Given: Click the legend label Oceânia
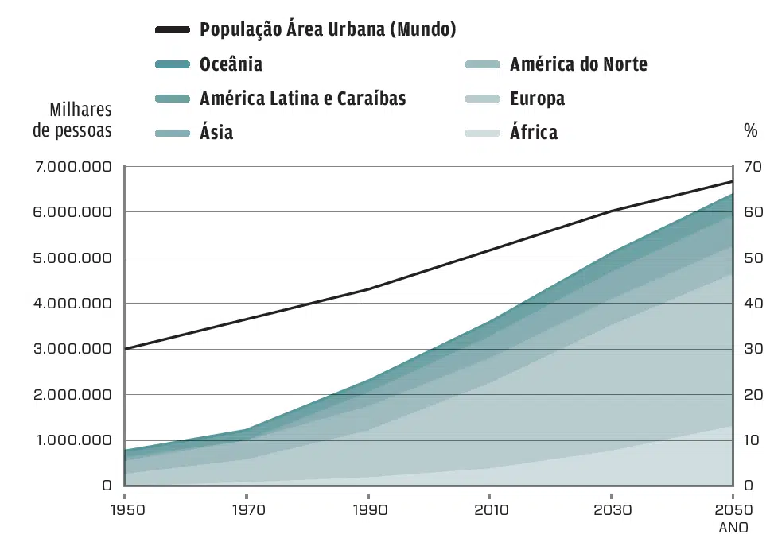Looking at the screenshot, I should pyautogui.click(x=231, y=64).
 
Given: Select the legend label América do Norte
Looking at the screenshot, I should pyautogui.click(x=578, y=64).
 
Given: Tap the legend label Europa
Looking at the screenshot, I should pyautogui.click(x=537, y=99).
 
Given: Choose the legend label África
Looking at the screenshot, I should pyautogui.click(x=534, y=132).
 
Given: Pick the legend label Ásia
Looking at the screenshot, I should pyautogui.click(x=216, y=132).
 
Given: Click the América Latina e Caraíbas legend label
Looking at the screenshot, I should pyautogui.click(x=302, y=99).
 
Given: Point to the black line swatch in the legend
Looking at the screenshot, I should pyautogui.click(x=173, y=30).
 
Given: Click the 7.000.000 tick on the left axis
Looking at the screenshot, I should pyautogui.click(x=73, y=167).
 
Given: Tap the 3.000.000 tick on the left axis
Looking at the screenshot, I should pyautogui.click(x=73, y=349).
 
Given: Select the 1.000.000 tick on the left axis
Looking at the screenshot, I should pyautogui.click(x=73, y=440).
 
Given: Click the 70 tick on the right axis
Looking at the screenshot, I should pyautogui.click(x=752, y=167).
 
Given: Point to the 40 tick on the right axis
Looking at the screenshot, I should pyautogui.click(x=752, y=304).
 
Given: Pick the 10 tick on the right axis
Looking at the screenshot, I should pyautogui.click(x=752, y=440).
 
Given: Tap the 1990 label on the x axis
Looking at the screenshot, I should pyautogui.click(x=367, y=509).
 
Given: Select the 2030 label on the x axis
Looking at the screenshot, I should pyautogui.click(x=611, y=509).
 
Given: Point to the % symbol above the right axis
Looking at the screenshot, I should pyautogui.click(x=750, y=131).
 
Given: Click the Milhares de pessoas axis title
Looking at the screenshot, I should pyautogui.click(x=72, y=120).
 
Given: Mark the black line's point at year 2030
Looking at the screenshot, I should pyautogui.click(x=611, y=211).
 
